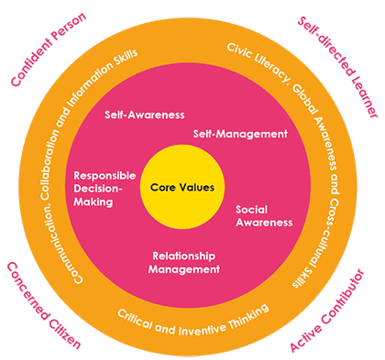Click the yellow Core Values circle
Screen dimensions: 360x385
coord(181,188)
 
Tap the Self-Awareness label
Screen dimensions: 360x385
coord(145,115)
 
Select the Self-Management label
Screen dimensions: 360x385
coord(240,134)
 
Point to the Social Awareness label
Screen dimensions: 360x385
coord(264,215)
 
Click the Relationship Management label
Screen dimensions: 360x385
coord(186,263)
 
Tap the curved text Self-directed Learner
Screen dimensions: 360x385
coord(339,69)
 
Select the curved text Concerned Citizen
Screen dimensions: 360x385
coord(42,308)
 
